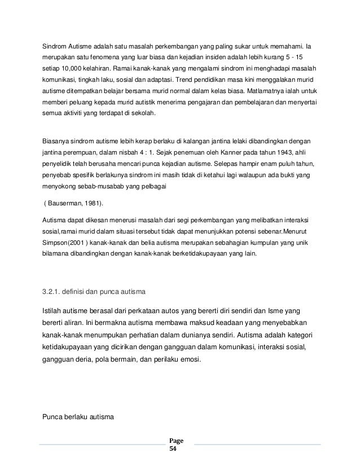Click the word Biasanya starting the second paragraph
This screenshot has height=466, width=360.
58,139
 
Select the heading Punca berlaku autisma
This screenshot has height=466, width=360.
78,417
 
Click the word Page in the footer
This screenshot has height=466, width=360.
176,442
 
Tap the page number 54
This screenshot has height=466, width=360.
173,451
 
